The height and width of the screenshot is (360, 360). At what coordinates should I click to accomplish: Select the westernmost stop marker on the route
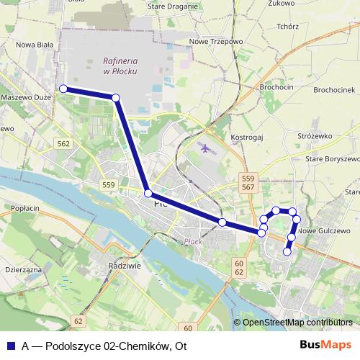coord(63,89)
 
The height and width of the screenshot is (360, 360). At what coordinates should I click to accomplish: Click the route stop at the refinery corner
coord(115,98)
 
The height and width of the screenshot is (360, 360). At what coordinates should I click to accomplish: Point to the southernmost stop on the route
coord(287,252)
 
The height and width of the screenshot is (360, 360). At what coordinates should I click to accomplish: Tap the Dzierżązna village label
coord(23,268)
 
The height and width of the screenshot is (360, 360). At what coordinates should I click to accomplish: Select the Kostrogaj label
coord(246,136)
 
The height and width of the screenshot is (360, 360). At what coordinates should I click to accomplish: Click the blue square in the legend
coord(10,345)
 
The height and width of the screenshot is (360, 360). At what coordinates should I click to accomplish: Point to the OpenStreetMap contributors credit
coord(297,323)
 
